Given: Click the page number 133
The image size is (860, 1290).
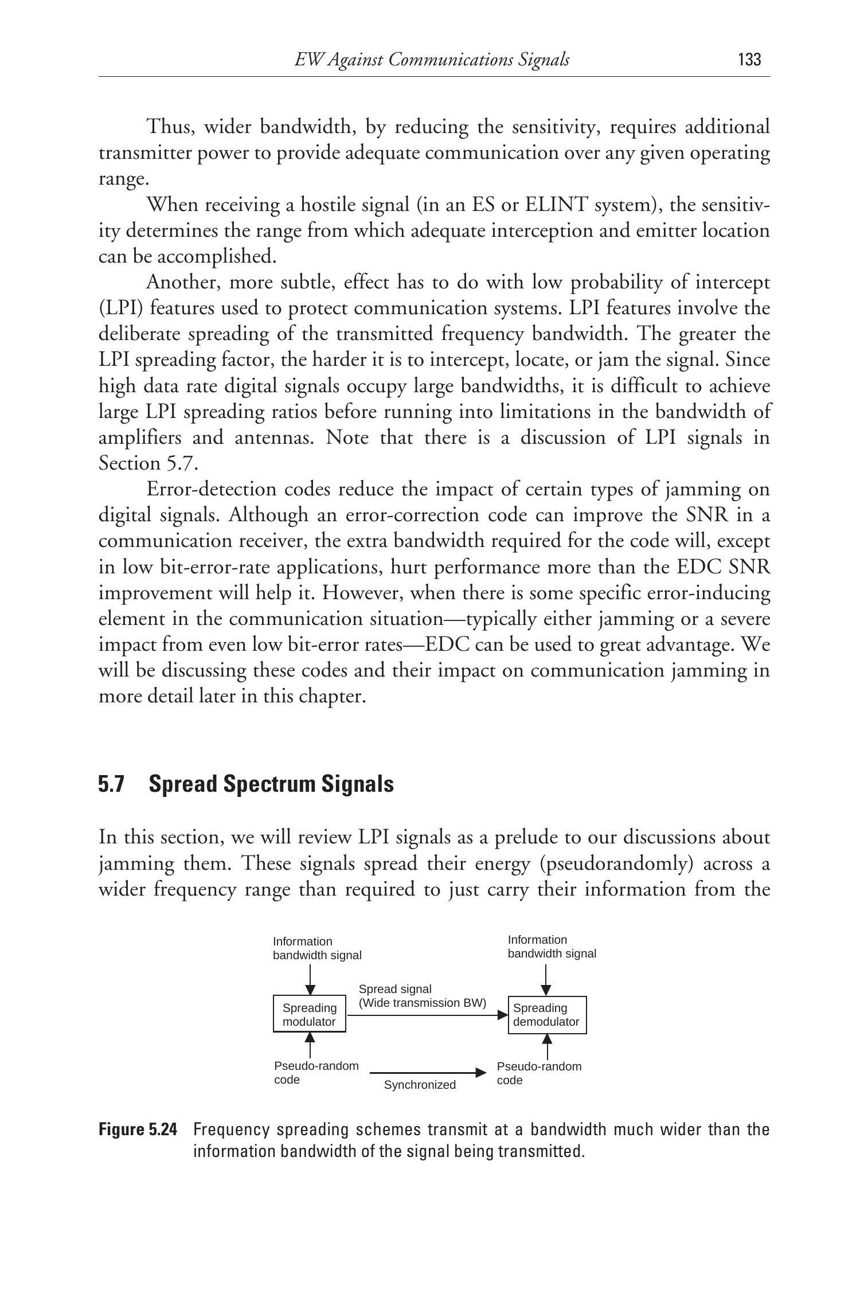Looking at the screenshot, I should point(749,60).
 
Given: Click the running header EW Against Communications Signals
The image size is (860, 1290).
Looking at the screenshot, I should point(432,60).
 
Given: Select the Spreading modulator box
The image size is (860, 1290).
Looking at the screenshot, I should point(309,1014).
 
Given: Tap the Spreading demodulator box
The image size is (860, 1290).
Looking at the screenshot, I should point(547,1015).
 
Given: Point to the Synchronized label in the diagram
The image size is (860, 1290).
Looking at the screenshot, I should point(420,1085).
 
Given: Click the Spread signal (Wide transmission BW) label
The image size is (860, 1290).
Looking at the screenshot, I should point(422,996).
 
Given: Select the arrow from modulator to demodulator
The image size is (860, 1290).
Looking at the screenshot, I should point(427,1015).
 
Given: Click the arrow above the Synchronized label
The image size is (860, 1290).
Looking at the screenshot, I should point(427,1072).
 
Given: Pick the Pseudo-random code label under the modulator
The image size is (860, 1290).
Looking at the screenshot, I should point(316,1073).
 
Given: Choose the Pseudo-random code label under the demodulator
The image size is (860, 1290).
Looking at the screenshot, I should point(539,1073).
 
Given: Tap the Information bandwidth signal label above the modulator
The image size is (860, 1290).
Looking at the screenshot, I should point(317,948).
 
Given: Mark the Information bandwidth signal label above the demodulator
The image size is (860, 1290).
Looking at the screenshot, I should point(552,947).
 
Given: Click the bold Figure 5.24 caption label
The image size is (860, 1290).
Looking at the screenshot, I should point(138,1129).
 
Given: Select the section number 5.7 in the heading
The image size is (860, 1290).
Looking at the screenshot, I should point(111,784).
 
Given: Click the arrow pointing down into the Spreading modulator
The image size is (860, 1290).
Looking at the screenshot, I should point(310,979).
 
